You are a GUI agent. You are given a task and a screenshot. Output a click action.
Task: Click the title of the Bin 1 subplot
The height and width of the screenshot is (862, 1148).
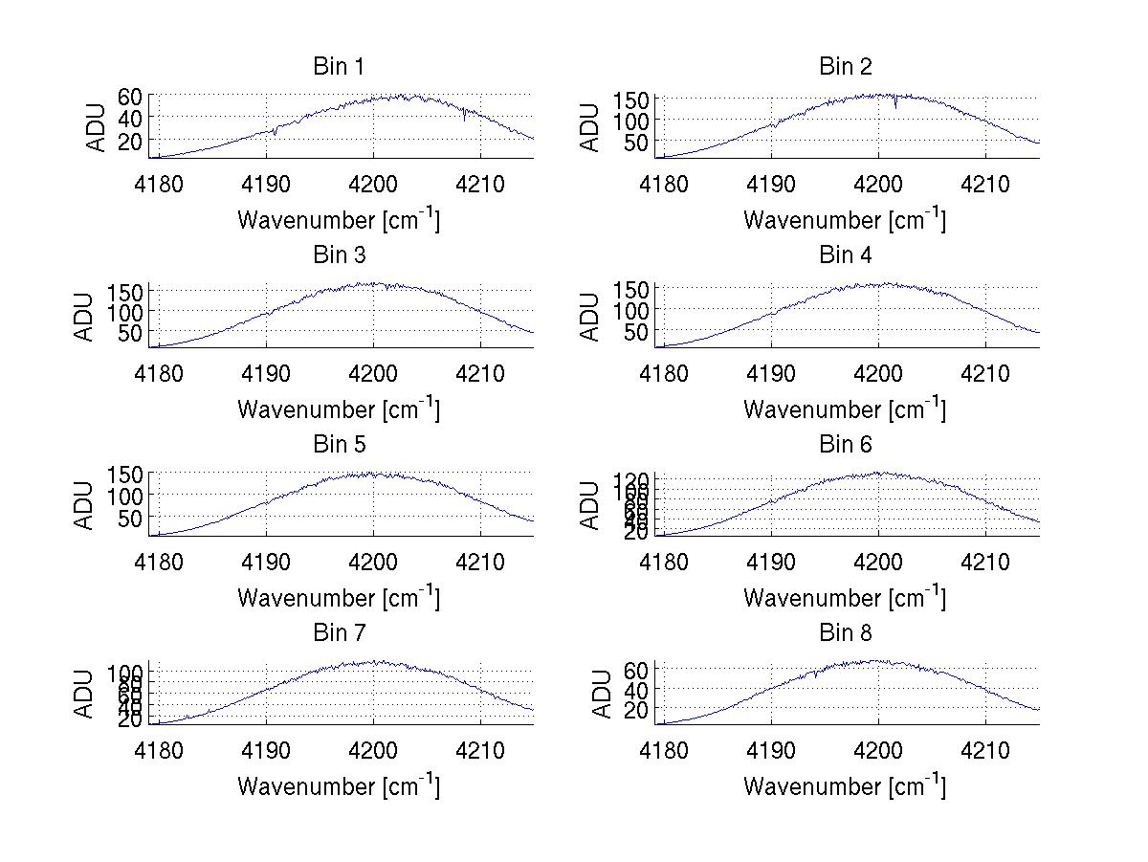339,67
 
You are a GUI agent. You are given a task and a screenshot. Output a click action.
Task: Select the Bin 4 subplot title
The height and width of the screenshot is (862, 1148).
846,255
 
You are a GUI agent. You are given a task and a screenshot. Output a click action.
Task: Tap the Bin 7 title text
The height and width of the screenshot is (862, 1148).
339,633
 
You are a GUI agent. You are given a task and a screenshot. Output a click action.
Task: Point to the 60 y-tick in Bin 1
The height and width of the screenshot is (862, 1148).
130,96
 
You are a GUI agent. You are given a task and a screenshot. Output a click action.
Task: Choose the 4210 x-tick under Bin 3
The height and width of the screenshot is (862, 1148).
480,372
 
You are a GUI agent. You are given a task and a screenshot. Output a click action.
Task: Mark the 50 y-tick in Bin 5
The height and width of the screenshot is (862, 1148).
130,518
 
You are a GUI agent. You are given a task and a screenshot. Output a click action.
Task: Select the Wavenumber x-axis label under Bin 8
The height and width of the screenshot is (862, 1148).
845,786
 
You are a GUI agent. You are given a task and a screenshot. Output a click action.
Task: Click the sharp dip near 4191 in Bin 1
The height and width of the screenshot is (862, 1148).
276,134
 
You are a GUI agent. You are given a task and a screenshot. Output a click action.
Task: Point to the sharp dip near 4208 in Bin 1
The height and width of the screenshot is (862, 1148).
464,119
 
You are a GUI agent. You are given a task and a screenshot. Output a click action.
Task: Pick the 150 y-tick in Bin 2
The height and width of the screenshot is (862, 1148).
631,99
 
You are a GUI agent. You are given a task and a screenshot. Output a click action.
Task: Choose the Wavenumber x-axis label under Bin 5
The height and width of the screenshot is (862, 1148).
339,598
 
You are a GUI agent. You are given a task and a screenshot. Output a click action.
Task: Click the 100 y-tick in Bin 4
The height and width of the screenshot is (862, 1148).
631,310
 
